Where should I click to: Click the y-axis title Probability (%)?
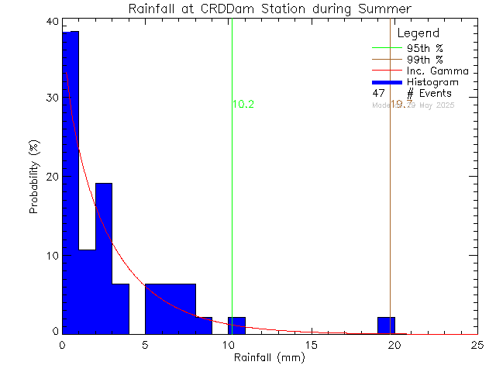coord(35,177)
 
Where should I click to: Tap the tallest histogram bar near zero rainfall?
coord(71,182)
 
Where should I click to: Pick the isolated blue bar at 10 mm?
coord(236,325)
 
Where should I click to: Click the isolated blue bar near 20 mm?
coord(386,325)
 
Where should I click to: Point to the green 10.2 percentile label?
coord(244,105)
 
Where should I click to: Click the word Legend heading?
coord(418,33)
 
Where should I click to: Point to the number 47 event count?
coord(379,93)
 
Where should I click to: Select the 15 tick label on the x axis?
coord(311,345)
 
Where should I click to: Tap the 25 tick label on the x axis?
coord(477,345)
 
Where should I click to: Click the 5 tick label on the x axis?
coord(145,345)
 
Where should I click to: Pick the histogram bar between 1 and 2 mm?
coord(87,291)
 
